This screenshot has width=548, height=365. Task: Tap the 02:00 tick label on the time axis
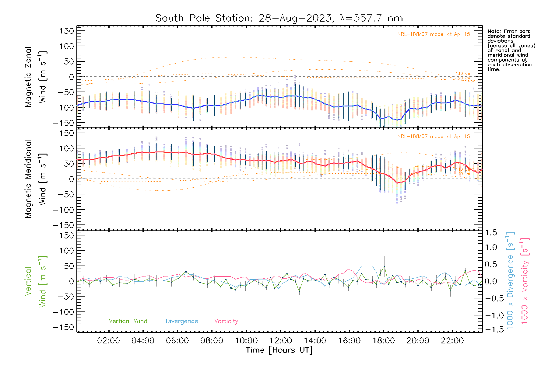pyautogui.click(x=108, y=341)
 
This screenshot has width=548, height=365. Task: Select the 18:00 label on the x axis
pyautogui.click(x=384, y=341)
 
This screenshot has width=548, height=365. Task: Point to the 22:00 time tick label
pyautogui.click(x=452, y=341)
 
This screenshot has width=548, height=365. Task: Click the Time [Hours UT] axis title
pyautogui.click(x=279, y=350)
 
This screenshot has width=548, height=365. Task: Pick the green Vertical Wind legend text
pyautogui.click(x=128, y=321)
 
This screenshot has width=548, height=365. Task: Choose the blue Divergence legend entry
pyautogui.click(x=182, y=321)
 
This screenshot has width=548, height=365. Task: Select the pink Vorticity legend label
pyautogui.click(x=226, y=321)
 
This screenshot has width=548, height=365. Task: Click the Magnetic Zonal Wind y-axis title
pyautogui.click(x=36, y=77)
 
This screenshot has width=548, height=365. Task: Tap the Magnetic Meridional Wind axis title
pyautogui.click(x=36, y=179)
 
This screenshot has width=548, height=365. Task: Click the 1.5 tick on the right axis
pyautogui.click(x=491, y=233)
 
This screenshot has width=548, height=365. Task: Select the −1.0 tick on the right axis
pyautogui.click(x=491, y=315)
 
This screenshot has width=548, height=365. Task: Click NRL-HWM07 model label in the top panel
pyautogui.click(x=434, y=34)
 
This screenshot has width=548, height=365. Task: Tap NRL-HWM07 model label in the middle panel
pyautogui.click(x=434, y=137)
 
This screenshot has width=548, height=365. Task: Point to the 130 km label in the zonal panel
pyautogui.click(x=463, y=74)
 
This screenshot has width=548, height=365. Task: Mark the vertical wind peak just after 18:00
pyautogui.click(x=385, y=266)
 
